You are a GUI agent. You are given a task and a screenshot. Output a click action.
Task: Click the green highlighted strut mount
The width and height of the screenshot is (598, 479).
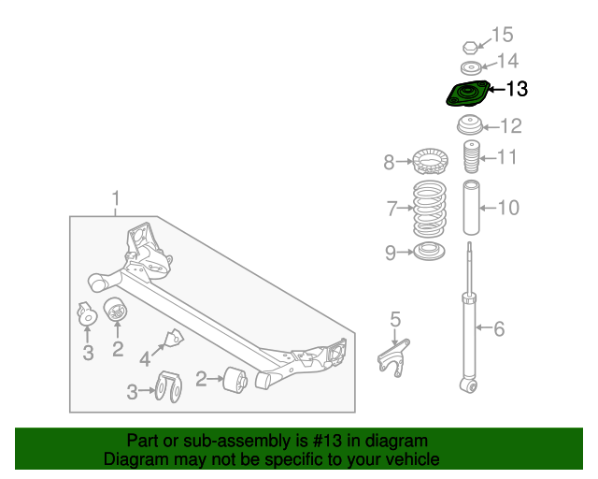464,95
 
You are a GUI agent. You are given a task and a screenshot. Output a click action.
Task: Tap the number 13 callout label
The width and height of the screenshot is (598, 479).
516,90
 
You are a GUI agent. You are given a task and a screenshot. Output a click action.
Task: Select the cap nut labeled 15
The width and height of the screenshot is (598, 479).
472,47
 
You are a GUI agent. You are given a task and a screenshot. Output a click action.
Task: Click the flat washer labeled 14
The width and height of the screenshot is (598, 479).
471,67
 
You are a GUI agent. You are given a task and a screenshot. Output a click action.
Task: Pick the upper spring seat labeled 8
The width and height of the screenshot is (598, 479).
431,163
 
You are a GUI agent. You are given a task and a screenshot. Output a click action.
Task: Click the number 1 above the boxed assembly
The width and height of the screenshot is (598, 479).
116,198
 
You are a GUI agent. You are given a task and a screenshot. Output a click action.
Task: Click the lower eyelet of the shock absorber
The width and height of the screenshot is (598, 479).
468,384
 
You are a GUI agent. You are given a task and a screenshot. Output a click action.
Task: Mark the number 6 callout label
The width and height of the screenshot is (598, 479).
499,328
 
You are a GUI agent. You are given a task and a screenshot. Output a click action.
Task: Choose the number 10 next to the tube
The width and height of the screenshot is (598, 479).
506,207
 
